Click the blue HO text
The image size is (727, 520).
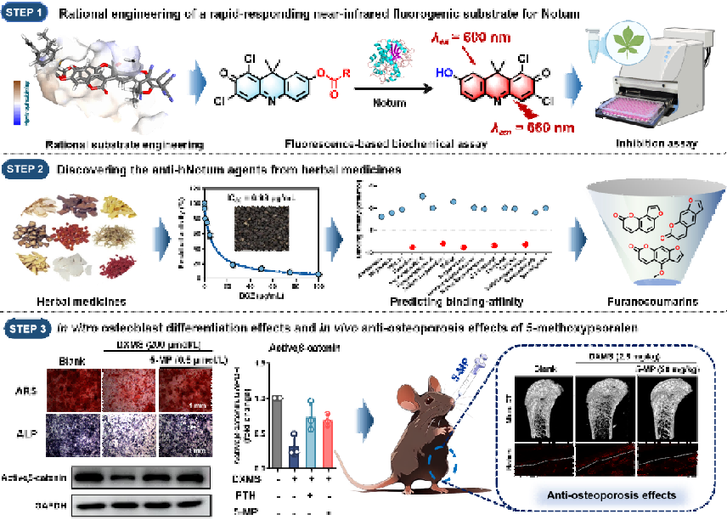coord(442,74)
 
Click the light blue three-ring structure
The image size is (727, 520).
coord(270,87)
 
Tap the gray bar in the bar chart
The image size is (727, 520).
coord(277,433)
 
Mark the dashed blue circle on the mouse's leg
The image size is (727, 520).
coord(442,463)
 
